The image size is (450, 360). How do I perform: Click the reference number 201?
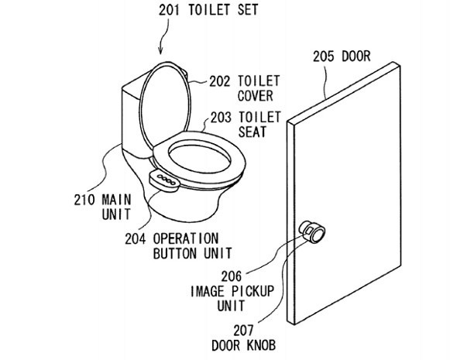coord(170,10)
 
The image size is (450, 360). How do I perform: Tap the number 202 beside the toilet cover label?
coord(219,81)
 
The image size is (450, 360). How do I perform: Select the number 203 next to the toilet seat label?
coord(221,118)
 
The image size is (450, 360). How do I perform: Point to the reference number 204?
coord(136,238)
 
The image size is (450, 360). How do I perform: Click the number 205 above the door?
coord(324,57)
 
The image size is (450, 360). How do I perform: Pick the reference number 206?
coord(232,276)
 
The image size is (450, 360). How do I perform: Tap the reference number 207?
coord(244,331)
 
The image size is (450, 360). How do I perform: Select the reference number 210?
coord(84,200)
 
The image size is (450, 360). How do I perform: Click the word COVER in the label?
coord(255,96)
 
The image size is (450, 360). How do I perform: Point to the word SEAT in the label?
coord(252,132)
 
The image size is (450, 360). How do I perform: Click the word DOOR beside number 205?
coord(356,57)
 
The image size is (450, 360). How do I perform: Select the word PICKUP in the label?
coord(252,291)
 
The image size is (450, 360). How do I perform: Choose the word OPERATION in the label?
coord(186,238)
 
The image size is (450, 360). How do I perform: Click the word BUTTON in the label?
coord(175,253)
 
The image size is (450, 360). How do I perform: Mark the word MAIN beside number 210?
coord(116,200)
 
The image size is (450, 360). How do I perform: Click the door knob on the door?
coord(313,232)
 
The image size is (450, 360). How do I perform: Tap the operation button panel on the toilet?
coord(164,180)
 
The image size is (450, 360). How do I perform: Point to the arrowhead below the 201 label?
coord(161,51)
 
